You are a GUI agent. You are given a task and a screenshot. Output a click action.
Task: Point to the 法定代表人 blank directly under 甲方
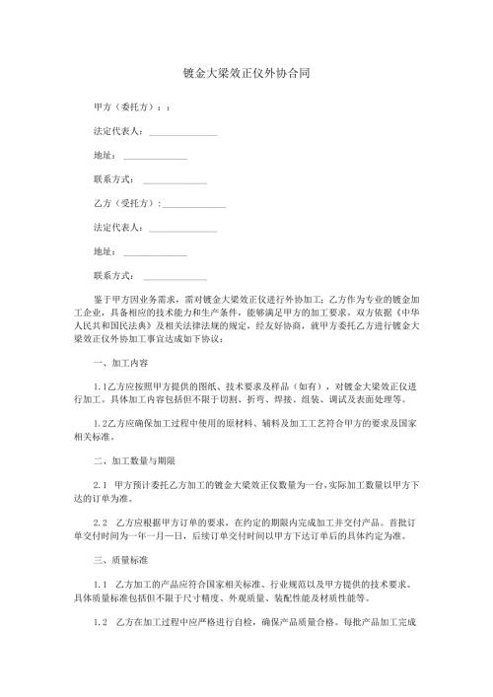(x=182, y=131)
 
